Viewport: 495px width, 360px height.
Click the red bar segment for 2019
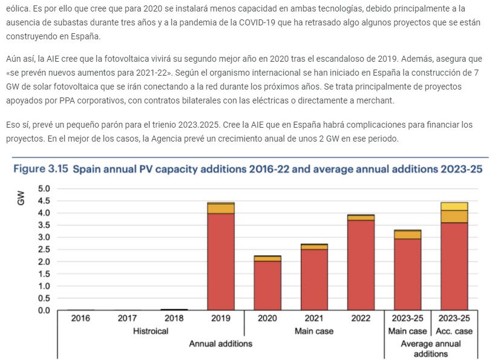(x=221, y=261)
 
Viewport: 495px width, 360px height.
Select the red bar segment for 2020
(x=267, y=285)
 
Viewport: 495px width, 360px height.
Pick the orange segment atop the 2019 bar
(x=221, y=208)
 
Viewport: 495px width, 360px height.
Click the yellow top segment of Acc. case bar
(x=454, y=206)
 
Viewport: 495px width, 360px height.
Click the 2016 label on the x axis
(x=80, y=318)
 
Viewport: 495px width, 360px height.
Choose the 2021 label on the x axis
(x=314, y=318)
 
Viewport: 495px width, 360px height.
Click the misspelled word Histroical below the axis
(x=151, y=331)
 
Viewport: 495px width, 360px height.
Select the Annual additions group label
(x=220, y=344)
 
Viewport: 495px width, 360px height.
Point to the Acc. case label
(x=454, y=331)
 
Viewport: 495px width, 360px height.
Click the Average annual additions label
(x=430, y=349)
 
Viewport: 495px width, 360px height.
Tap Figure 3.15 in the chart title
(x=40, y=169)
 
